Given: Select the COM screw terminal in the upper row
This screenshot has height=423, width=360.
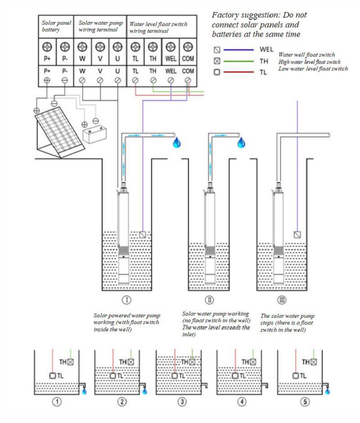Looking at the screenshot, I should [x=188, y=47].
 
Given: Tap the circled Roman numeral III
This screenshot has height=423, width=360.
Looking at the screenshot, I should [x=281, y=300].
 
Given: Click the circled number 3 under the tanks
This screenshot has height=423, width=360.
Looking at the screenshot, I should [x=182, y=401].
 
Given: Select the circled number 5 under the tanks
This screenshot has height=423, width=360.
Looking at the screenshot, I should [x=306, y=401].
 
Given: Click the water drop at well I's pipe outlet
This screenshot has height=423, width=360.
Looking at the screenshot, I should [x=176, y=143].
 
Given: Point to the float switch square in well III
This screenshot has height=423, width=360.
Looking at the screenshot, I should [x=297, y=235].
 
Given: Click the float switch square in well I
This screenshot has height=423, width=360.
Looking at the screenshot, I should [x=143, y=235].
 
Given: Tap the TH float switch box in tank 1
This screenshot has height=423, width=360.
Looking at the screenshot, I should [x=70, y=361].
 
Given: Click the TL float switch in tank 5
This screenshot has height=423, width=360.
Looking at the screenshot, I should [x=295, y=375].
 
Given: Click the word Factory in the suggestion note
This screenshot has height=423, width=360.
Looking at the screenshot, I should [x=225, y=15].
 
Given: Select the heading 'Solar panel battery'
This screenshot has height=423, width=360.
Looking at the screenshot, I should [x=56, y=26].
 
